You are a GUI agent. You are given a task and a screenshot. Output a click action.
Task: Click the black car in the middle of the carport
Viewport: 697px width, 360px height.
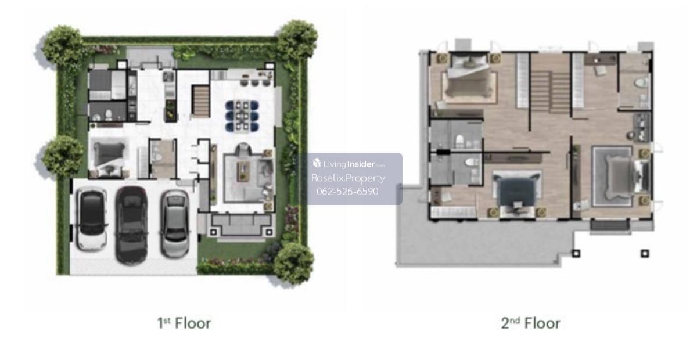131,225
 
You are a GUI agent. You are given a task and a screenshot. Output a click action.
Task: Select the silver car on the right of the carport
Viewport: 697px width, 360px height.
175,224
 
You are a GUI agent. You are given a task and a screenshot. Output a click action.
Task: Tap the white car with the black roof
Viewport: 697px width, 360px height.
92,219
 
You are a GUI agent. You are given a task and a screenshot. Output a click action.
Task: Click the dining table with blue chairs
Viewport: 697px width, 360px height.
242,116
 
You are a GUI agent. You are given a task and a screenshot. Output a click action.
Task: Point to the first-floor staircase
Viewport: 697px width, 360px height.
200,101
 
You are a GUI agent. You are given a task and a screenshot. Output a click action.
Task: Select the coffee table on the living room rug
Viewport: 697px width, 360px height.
243,171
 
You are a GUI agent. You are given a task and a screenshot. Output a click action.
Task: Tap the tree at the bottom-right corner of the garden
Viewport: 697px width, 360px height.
293,263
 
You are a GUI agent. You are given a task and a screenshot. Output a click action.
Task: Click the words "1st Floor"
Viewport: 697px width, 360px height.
184,323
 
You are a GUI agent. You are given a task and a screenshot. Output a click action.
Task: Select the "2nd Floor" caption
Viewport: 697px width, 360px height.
530,323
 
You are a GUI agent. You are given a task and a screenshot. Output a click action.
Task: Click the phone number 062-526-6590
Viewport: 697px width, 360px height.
347,191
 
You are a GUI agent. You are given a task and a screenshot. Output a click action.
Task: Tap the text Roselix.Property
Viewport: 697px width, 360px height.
348,178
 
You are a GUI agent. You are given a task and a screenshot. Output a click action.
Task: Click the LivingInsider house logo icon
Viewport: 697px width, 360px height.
317,163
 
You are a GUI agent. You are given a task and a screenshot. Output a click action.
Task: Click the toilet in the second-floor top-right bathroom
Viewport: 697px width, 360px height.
641,82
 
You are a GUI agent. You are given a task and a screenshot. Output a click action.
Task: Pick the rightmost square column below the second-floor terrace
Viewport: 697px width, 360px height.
645,254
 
